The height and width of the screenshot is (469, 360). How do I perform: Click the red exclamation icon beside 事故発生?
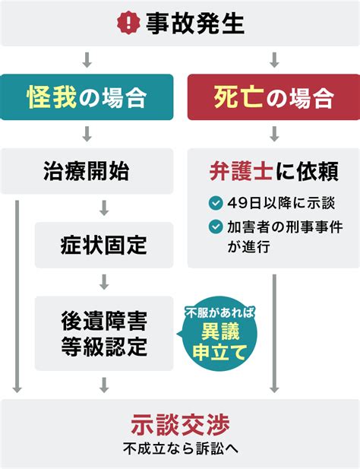pos(128,23)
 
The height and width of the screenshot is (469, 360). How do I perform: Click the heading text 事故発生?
pos(195,24)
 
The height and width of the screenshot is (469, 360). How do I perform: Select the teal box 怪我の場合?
pos(87,97)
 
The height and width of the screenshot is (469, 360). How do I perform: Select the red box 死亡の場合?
pos(273,97)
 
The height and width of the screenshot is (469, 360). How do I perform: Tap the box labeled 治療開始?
pos(87,171)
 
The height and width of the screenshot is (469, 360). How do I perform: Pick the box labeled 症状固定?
pos(104,245)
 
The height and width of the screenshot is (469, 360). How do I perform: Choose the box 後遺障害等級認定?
pos(104,334)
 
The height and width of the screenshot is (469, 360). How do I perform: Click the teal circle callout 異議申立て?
pos(219,334)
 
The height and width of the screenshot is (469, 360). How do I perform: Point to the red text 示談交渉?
pos(180,425)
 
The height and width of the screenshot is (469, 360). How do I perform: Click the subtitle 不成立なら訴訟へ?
pos(181,448)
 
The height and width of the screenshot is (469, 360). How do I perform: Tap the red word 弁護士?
pos(241,171)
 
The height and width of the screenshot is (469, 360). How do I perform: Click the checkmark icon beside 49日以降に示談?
pos(216,203)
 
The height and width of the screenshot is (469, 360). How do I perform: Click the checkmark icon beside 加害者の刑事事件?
pos(216,227)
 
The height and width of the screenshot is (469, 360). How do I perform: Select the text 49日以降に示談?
pos(281,203)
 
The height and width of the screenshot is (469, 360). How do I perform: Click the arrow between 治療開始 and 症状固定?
pos(104,208)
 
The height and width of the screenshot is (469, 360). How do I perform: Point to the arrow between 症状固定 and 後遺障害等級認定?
pos(104,282)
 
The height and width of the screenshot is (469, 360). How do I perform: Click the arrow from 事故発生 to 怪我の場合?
pos(87,60)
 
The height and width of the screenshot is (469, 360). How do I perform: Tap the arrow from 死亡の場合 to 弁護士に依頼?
pos(274,134)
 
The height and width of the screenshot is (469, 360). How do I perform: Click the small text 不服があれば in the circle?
pos(220,313)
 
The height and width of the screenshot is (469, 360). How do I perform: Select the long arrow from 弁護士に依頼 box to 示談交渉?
pos(274,334)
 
